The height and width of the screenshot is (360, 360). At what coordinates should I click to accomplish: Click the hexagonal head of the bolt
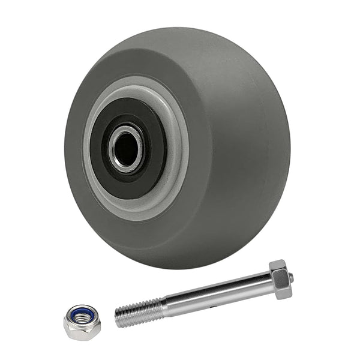(x=280, y=279)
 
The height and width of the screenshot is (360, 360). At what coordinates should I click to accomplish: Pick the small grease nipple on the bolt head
(x=290, y=277)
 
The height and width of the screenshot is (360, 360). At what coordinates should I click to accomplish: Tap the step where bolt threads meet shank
(x=164, y=307)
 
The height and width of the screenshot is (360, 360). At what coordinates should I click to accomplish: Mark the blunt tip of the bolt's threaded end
(x=117, y=317)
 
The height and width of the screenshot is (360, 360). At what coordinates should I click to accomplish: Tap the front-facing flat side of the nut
(x=82, y=331)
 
